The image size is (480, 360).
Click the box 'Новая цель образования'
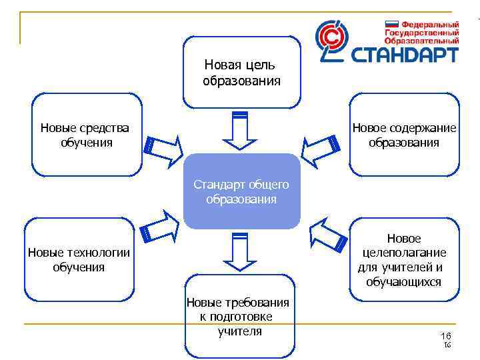click(x=241, y=73)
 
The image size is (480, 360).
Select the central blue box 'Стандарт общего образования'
click(x=241, y=191)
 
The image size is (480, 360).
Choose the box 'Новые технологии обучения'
click(x=79, y=259)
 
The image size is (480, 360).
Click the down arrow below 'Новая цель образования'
click(x=239, y=130)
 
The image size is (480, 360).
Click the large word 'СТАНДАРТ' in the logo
click(x=406, y=53)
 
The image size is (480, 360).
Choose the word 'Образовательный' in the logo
click(x=421, y=40)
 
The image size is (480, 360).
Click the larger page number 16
click(x=446, y=335)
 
